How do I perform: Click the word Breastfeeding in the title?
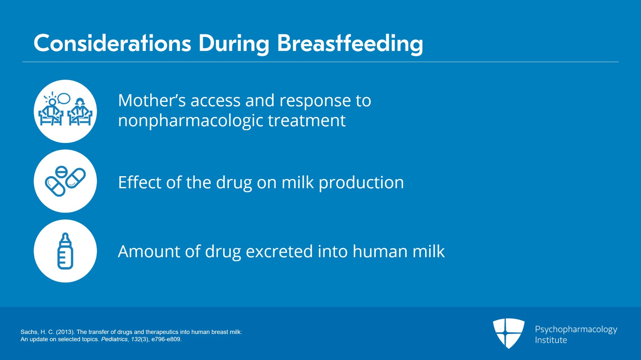click(x=350, y=43)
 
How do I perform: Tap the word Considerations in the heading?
click(x=112, y=43)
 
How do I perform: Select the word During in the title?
click(x=234, y=43)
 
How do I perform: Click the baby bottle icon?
click(x=65, y=251)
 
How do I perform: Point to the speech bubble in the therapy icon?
click(x=64, y=98)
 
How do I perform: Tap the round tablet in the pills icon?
click(x=61, y=172)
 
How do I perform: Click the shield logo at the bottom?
click(x=508, y=333)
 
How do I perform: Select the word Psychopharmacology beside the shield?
click(x=576, y=330)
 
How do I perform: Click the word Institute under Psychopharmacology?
click(x=551, y=340)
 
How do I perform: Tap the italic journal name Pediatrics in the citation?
click(x=114, y=339)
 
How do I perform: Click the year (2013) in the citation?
click(x=65, y=332)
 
